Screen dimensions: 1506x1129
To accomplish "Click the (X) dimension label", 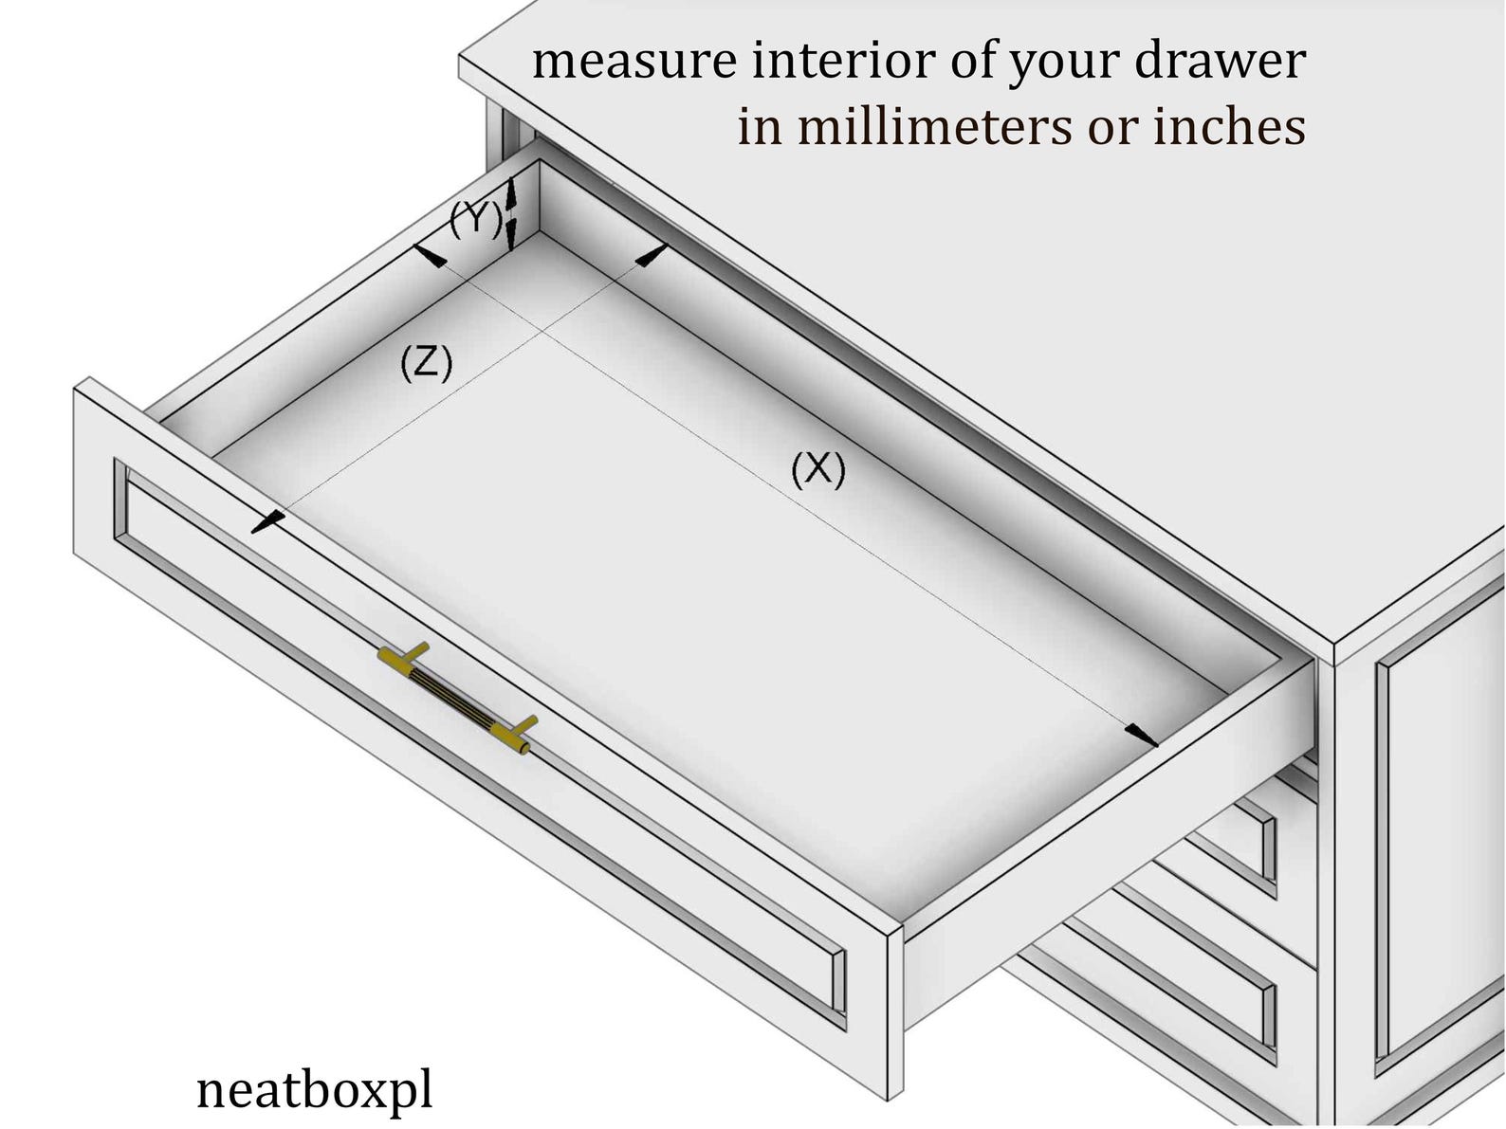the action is (817, 470).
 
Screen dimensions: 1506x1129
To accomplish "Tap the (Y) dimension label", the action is (475, 220).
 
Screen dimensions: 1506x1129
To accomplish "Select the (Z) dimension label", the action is (426, 363).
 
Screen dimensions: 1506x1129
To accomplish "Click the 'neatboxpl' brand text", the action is (314, 1090).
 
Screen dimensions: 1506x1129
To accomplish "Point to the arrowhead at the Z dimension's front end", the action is (267, 520).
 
